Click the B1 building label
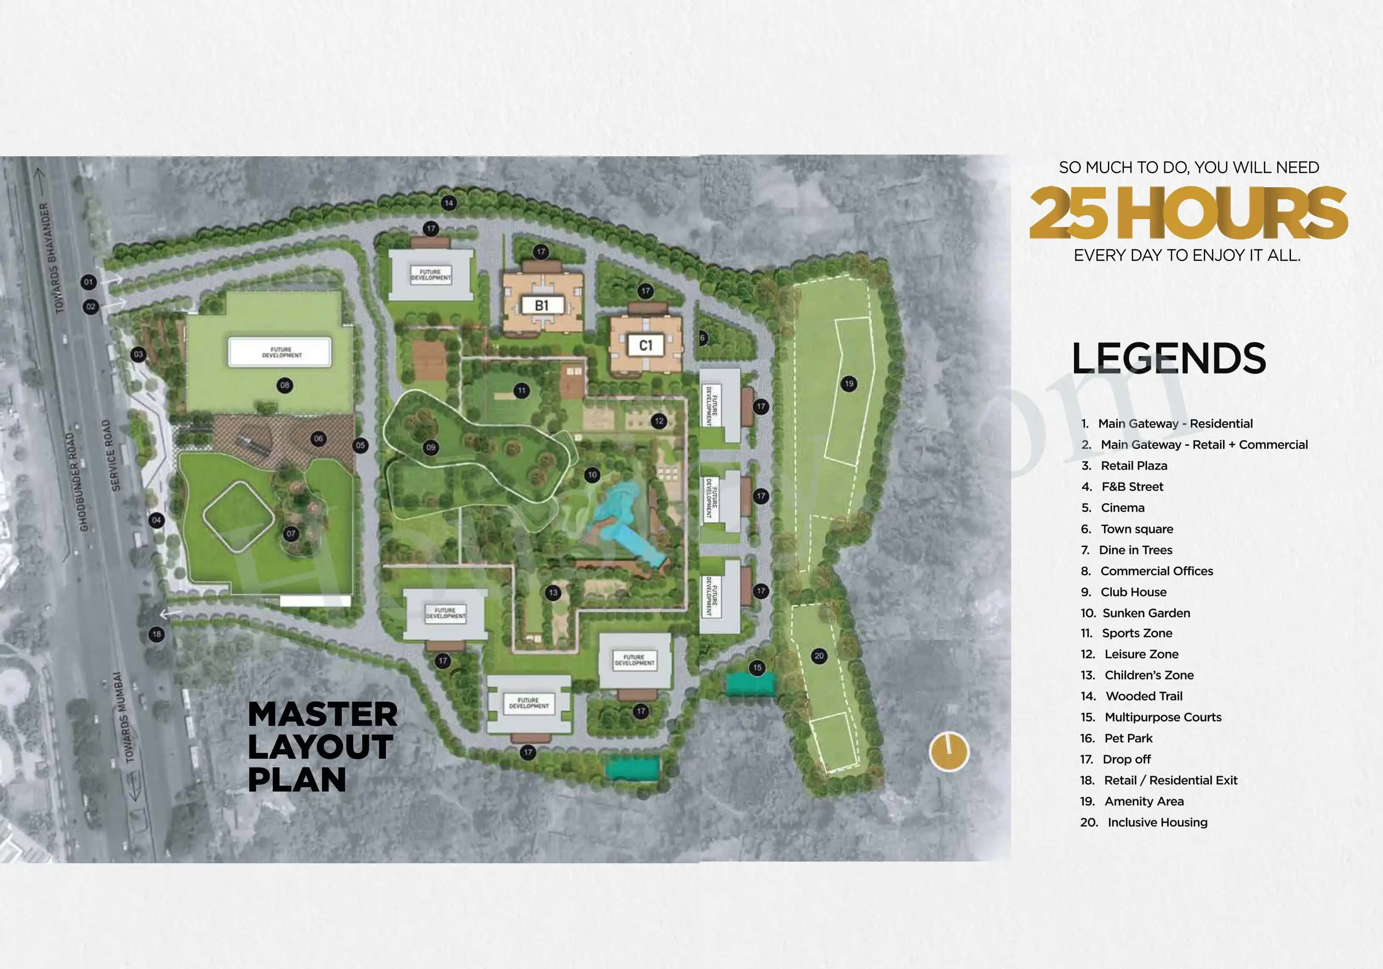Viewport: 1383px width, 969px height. tap(542, 306)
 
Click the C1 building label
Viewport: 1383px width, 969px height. tap(645, 345)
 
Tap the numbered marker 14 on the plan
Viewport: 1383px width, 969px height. tap(448, 203)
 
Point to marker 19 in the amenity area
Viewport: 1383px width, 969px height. tap(849, 384)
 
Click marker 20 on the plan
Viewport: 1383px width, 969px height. tap(818, 656)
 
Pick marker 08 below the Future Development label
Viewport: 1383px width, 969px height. tap(284, 385)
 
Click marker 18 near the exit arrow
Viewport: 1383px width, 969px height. tap(157, 634)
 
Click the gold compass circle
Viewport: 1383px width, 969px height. tap(949, 752)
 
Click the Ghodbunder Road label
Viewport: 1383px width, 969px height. tap(76, 482)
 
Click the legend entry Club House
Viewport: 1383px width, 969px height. tap(1133, 592)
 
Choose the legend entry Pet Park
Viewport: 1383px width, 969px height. tap(1127, 738)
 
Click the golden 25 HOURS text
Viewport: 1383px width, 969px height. tap(1188, 212)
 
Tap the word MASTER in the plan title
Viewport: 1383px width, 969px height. tap(322, 715)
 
